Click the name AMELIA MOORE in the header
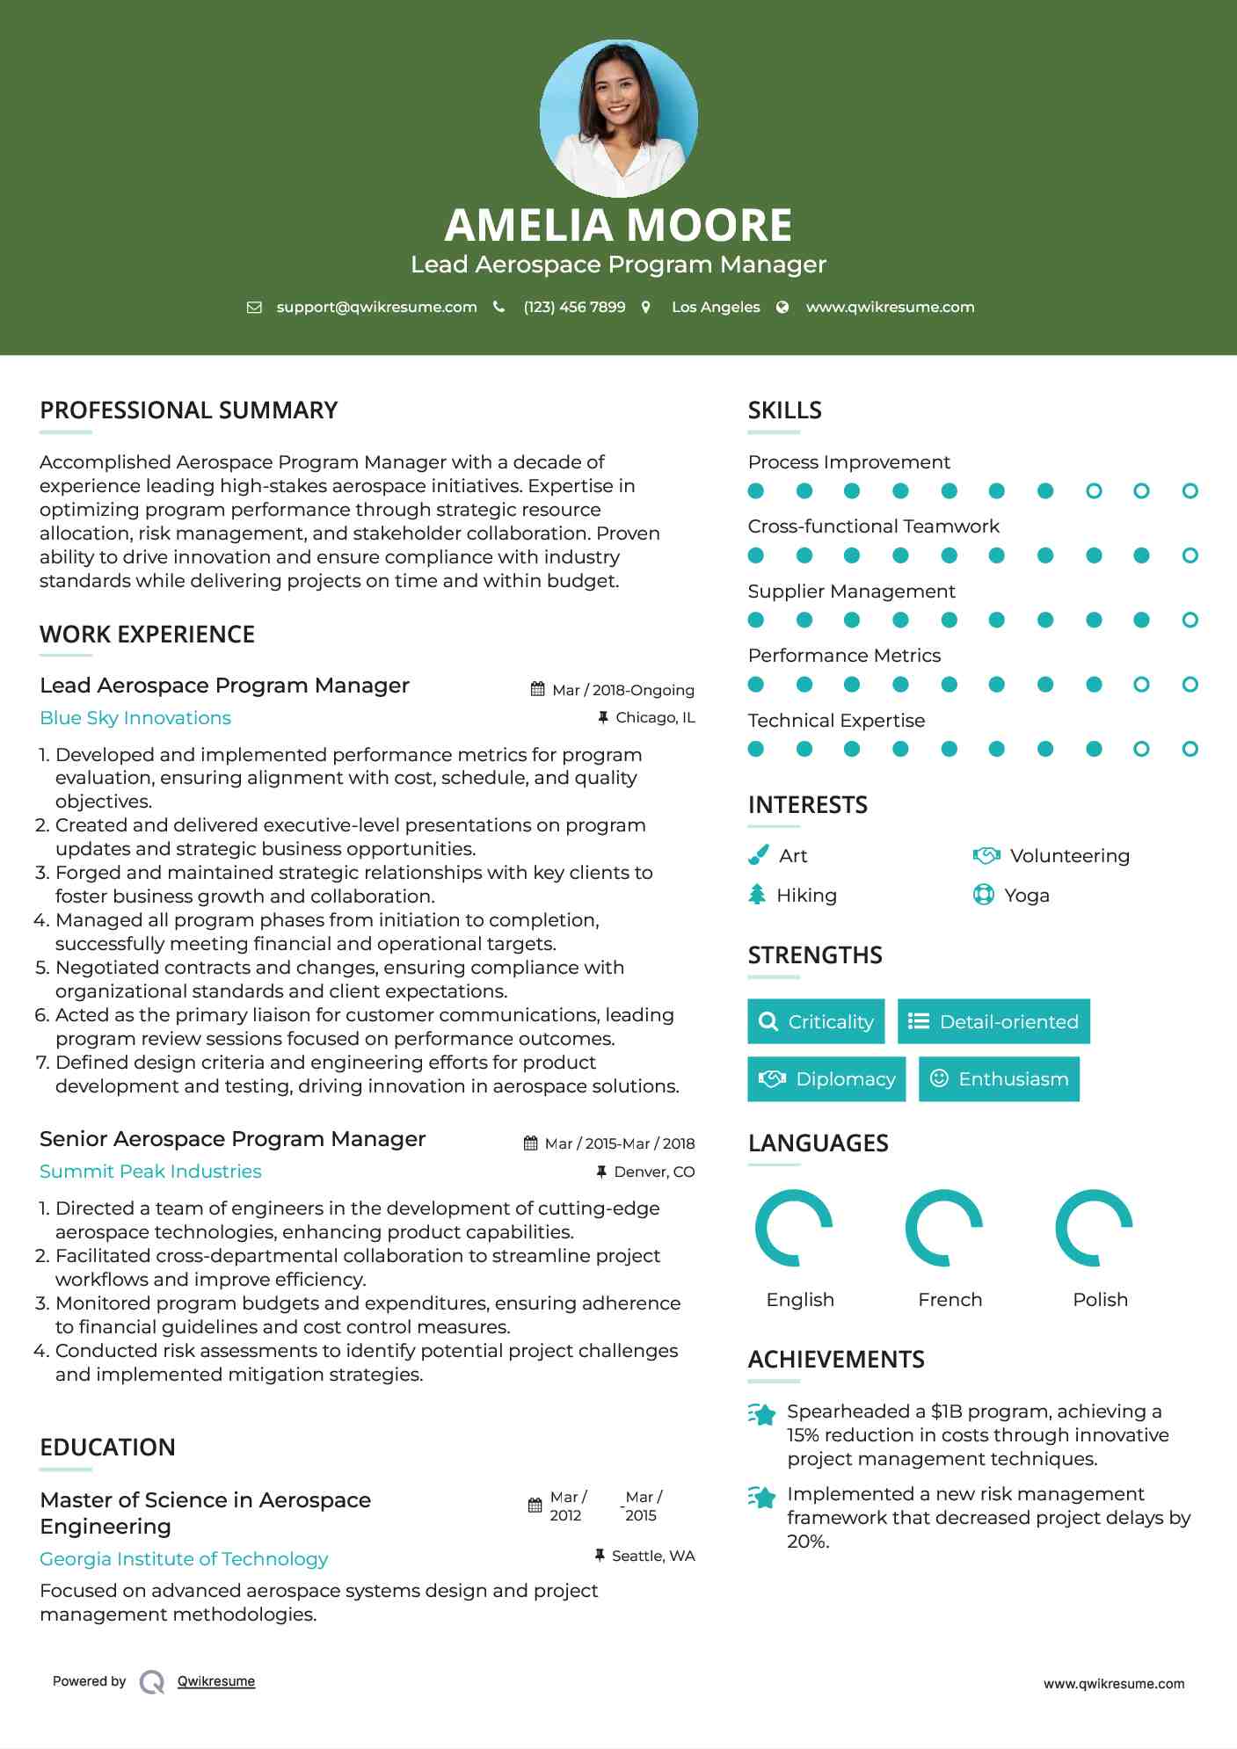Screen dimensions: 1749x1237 [618, 225]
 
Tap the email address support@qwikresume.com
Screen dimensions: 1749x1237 [376, 307]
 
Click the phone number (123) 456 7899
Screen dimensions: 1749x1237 [574, 307]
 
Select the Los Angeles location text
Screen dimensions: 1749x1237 [715, 307]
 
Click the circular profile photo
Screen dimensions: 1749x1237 [618, 118]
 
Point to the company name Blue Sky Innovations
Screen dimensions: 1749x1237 [135, 718]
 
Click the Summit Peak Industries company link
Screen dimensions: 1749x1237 [150, 1172]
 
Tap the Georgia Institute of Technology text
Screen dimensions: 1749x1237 [184, 1559]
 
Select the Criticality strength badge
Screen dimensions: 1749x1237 [816, 1021]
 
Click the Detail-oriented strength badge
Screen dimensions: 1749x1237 [993, 1021]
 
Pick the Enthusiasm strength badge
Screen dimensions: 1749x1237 [999, 1079]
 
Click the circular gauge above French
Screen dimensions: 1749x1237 [944, 1228]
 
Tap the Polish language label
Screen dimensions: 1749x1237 [1100, 1300]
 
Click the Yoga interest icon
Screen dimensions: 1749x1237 [983, 895]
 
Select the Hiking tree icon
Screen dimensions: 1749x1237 [757, 895]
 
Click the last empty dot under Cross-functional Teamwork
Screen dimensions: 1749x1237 [1190, 555]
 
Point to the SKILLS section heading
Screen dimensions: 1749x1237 [784, 410]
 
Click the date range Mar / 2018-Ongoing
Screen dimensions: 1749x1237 [622, 690]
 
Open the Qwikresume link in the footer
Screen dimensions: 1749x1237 [216, 1681]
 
